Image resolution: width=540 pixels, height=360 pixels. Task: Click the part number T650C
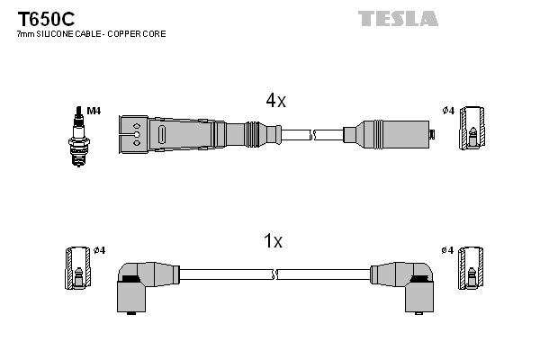click(40, 17)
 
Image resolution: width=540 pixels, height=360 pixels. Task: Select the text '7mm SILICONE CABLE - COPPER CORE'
click(91, 34)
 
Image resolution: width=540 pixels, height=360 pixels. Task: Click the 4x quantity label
click(275, 102)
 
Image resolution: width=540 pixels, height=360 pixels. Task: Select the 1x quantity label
click(273, 241)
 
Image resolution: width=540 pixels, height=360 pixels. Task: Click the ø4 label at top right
click(447, 111)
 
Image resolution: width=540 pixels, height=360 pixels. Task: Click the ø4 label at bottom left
click(99, 249)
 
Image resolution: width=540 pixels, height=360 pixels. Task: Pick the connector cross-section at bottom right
click(471, 267)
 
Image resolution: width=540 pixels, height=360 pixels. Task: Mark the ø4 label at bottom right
click(447, 249)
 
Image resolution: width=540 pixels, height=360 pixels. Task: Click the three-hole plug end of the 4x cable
click(135, 134)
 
